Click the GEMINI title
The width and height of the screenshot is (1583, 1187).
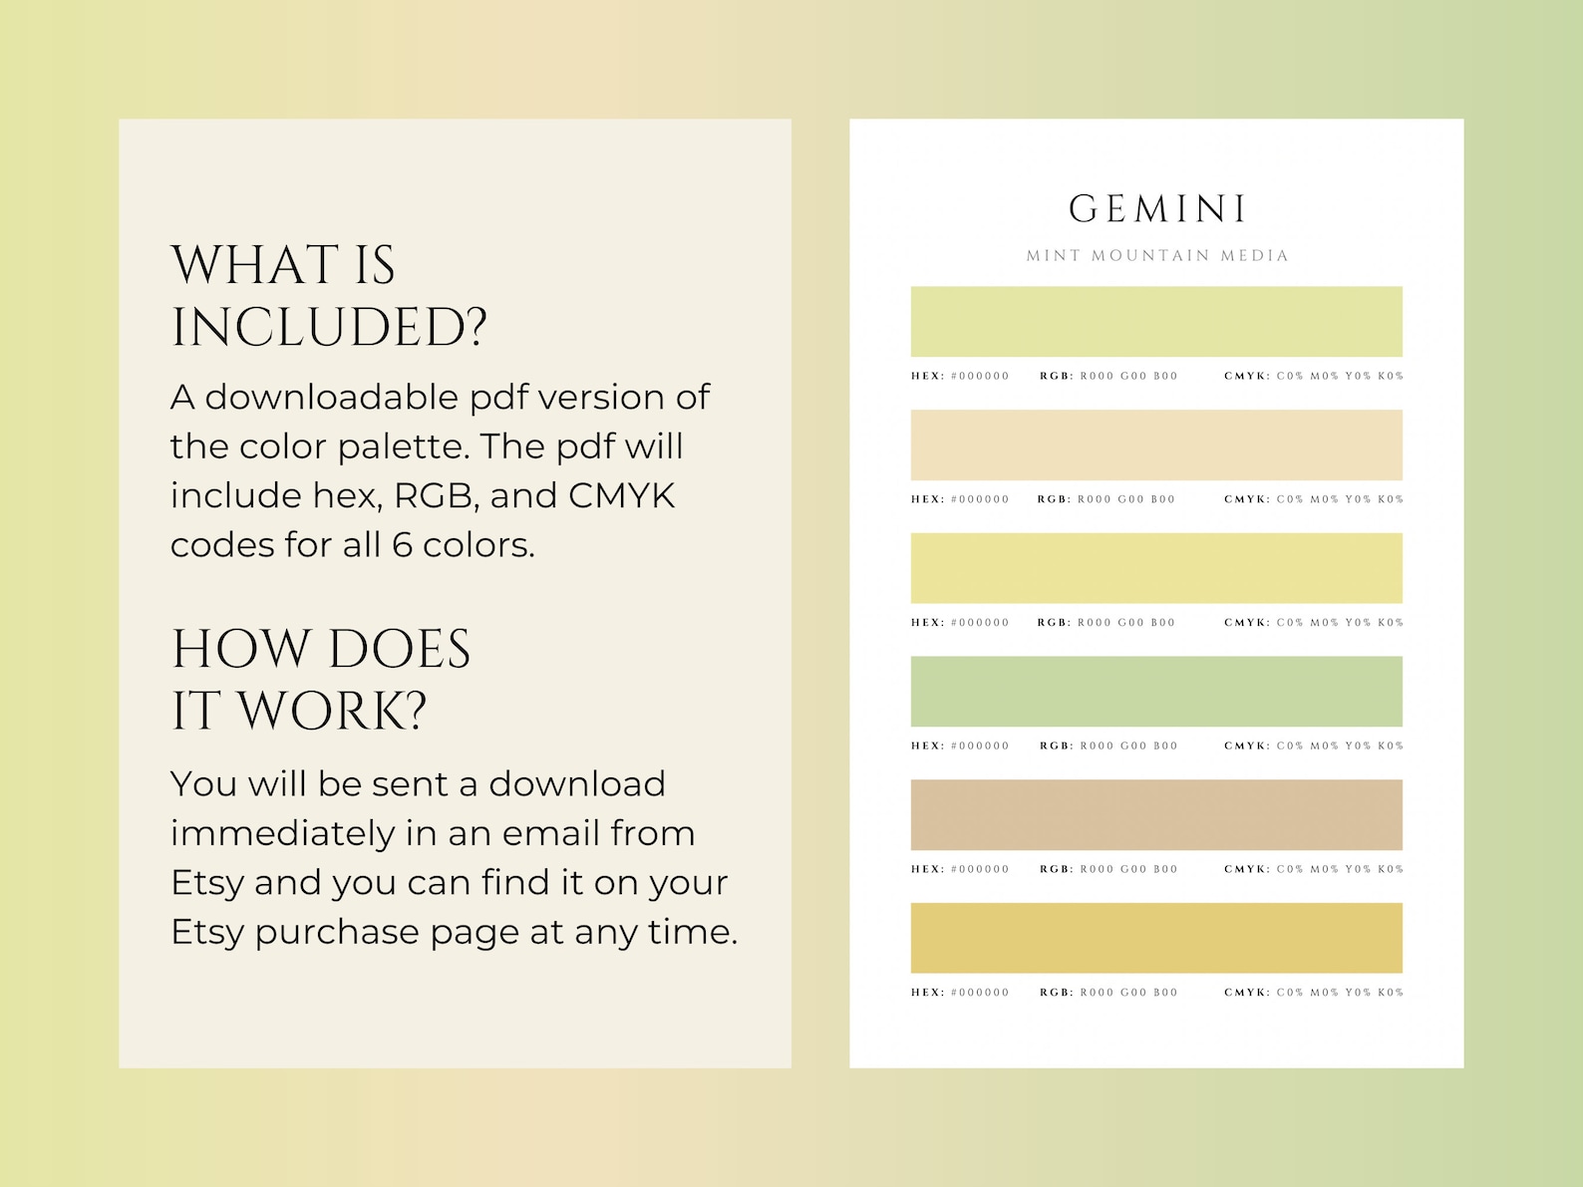tap(1156, 209)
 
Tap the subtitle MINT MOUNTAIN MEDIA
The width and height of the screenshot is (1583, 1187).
tap(1156, 256)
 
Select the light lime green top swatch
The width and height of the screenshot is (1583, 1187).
tap(1156, 321)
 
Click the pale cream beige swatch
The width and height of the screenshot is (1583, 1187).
tap(1156, 445)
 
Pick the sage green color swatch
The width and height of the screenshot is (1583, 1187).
tap(1156, 691)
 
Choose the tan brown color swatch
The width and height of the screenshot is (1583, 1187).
tap(1156, 814)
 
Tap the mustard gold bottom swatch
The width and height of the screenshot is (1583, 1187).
tap(1156, 938)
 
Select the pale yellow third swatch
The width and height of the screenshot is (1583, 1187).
tap(1156, 568)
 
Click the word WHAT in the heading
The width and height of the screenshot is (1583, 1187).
tap(255, 266)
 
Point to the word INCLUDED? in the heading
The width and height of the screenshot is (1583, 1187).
tap(329, 328)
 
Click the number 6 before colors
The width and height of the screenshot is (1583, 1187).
tap(402, 545)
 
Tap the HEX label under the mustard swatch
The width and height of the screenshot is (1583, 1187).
tap(926, 993)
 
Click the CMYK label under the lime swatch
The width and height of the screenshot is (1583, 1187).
tap(1246, 377)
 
